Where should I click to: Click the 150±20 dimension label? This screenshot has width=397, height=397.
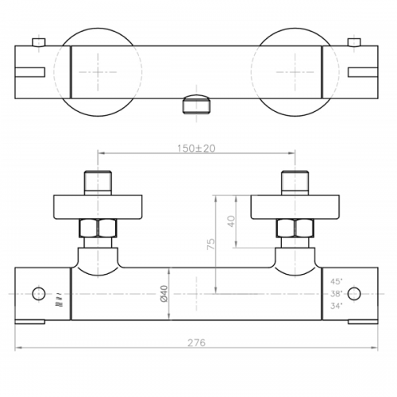[x=196, y=148]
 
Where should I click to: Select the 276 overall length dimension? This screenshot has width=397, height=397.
[x=196, y=343]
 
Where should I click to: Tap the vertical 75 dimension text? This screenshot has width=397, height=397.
[x=211, y=244]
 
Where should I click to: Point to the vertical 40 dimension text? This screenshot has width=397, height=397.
[x=231, y=222]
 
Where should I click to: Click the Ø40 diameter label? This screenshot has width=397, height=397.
[x=164, y=293]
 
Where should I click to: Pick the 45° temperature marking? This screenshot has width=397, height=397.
[x=336, y=282]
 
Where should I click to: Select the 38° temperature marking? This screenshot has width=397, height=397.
[x=336, y=294]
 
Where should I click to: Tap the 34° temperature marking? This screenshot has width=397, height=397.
[x=336, y=306]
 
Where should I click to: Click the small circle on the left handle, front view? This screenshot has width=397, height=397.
[x=39, y=294]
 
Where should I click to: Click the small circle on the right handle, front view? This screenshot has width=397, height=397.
[x=354, y=294]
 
